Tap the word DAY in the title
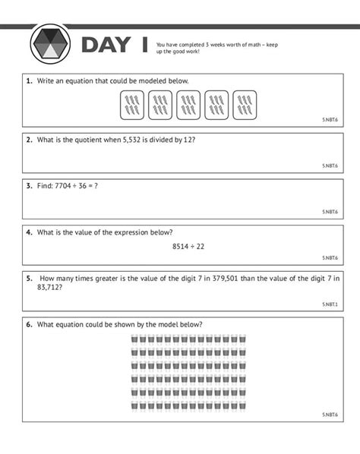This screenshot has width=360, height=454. click(x=106, y=45)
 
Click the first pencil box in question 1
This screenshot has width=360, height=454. click(x=132, y=105)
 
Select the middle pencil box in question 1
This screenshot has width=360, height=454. click(x=188, y=105)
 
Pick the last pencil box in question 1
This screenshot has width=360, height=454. click(x=245, y=105)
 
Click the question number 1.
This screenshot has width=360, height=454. click(x=29, y=80)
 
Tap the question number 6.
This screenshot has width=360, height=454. click(x=29, y=324)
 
